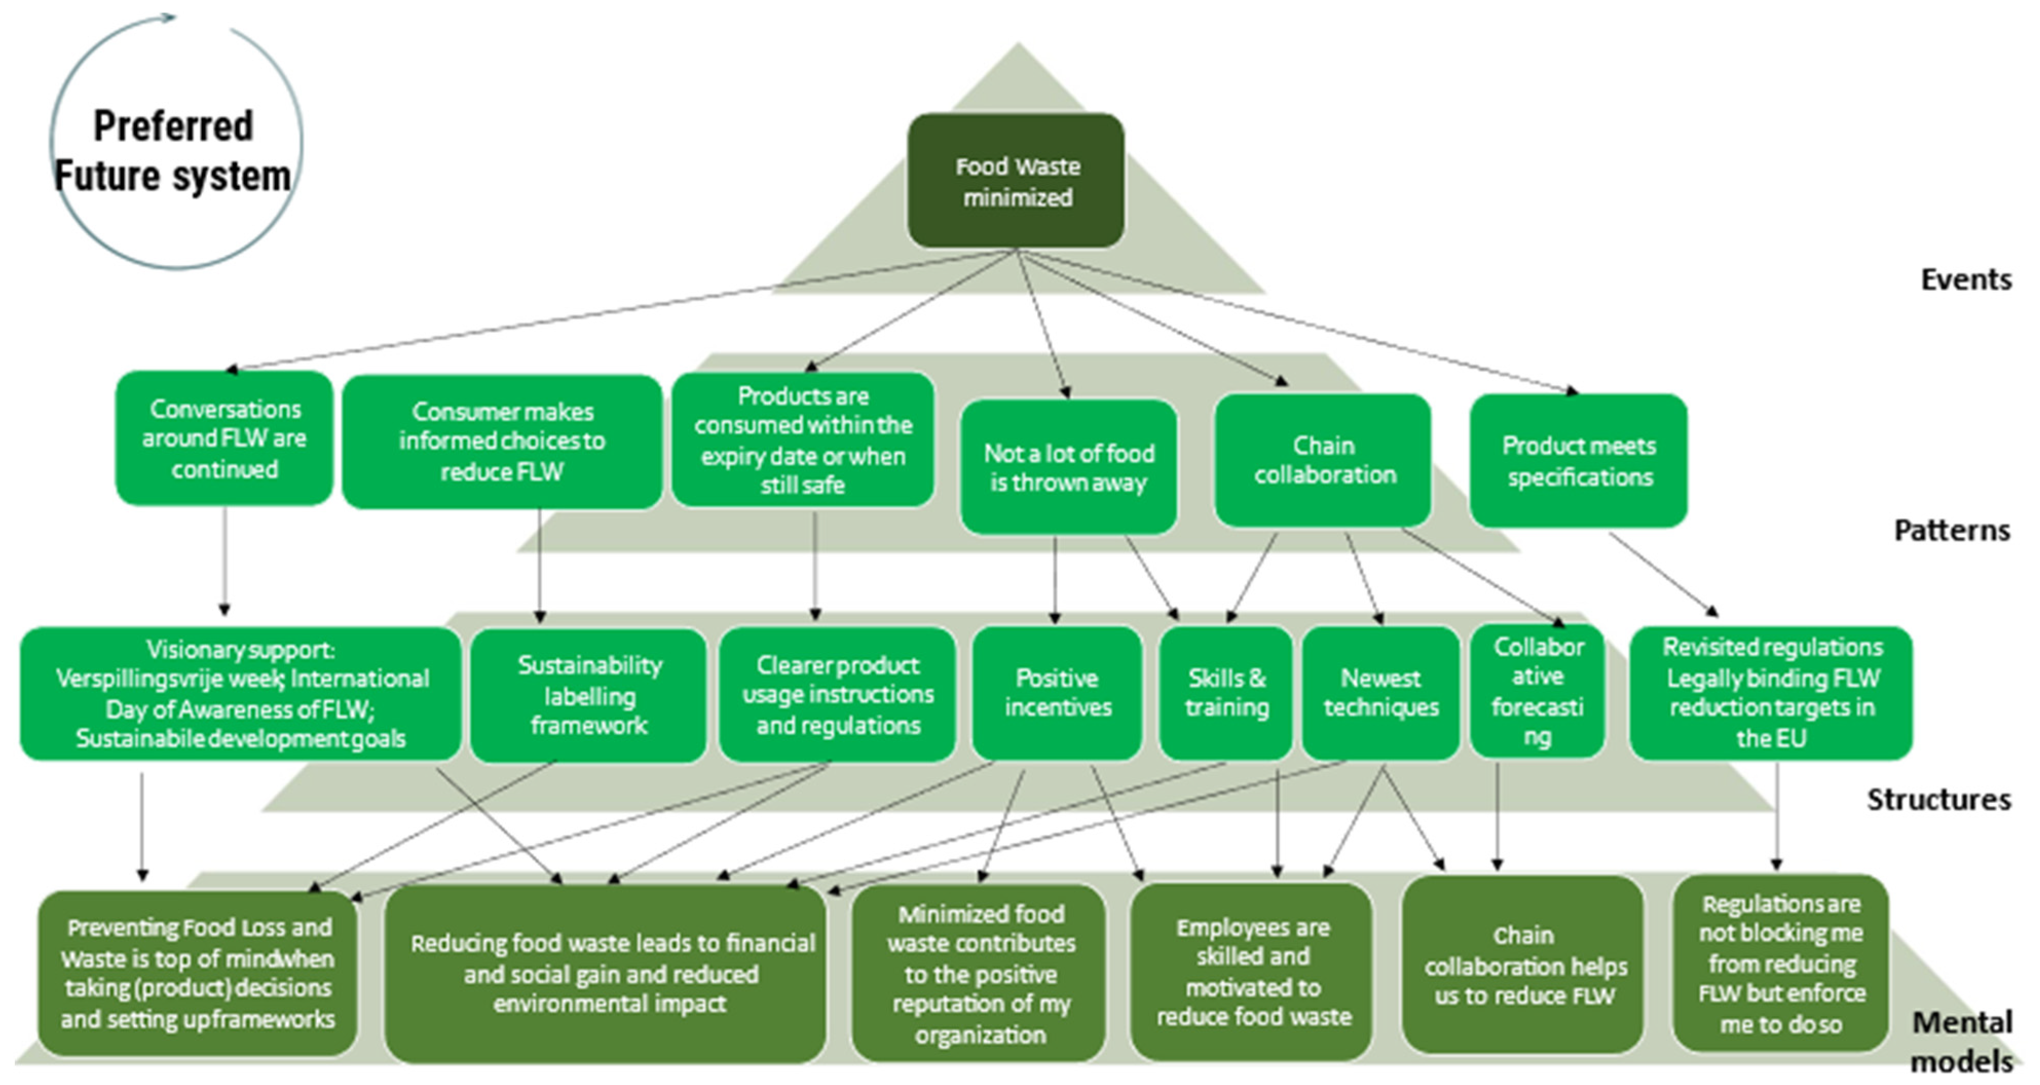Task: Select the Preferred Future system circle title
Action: tap(174, 151)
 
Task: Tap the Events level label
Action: tap(1966, 279)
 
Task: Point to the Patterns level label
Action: tap(1951, 530)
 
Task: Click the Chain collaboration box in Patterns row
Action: tap(1323, 460)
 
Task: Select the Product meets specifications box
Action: tap(1578, 461)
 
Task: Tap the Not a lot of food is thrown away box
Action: tap(1069, 467)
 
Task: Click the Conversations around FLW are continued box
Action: tap(224, 438)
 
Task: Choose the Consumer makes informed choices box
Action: tap(502, 441)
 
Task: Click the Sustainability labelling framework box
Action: tap(588, 695)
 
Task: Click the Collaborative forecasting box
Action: tap(1537, 691)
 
